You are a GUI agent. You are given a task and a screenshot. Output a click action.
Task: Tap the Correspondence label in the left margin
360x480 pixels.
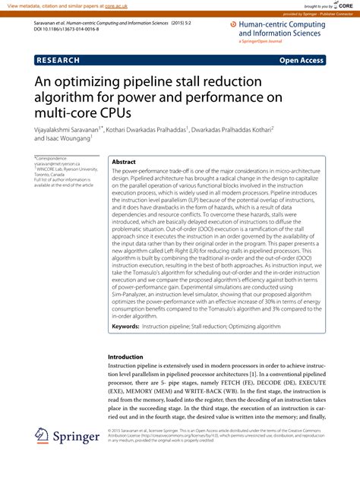click(x=52, y=158)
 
